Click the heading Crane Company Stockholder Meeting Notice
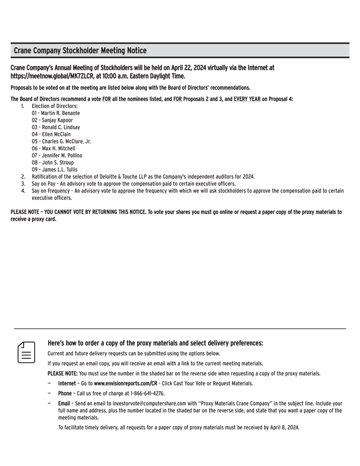pyautogui.click(x=80, y=51)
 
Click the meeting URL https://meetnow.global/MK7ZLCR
pyautogui.click(x=60, y=76)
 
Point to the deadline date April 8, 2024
pyautogui.click(x=284, y=427)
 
